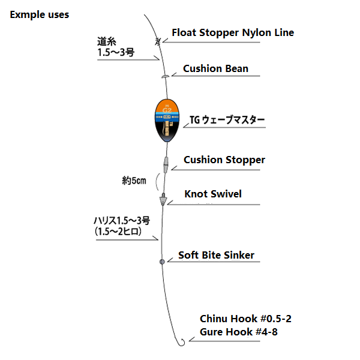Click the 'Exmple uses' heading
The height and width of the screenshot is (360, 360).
39,14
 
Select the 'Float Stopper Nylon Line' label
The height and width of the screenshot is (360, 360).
233,32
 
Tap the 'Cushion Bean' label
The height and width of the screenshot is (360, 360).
215,68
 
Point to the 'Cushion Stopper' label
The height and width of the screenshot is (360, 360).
224,160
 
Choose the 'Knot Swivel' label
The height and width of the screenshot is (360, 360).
214,194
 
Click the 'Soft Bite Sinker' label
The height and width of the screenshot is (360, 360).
216,255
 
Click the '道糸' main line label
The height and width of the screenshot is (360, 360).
106,41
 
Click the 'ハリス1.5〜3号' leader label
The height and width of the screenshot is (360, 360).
117,221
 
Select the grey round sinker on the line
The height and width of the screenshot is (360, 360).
161,262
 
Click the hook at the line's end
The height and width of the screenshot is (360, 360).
180,341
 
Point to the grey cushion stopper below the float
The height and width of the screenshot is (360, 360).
165,163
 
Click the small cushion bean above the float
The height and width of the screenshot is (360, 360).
164,76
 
